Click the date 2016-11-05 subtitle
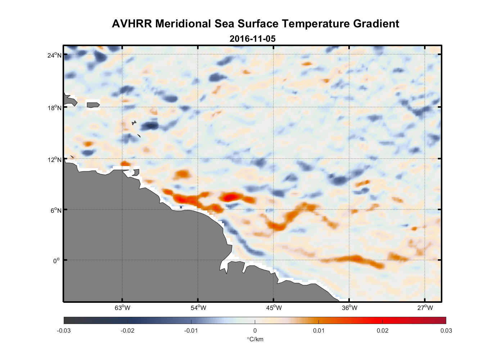click(252, 39)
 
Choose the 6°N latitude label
click(56, 210)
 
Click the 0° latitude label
click(57, 261)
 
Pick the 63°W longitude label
click(122, 308)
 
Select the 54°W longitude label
click(198, 308)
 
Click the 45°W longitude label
click(274, 308)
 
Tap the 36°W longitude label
click(349, 308)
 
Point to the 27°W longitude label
click(425, 308)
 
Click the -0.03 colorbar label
click(64, 330)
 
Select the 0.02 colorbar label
click(382, 330)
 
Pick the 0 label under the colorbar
click(255, 330)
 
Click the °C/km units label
click(255, 339)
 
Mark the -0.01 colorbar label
click(191, 330)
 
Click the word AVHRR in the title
click(132, 24)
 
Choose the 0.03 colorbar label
click(446, 330)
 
